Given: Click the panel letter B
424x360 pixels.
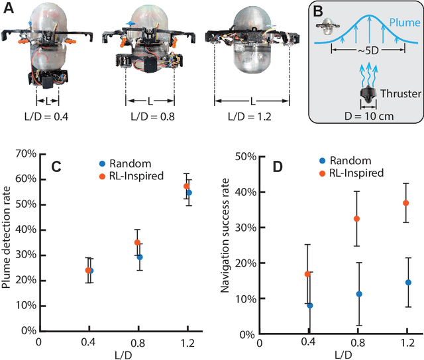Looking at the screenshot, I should coord(319,12).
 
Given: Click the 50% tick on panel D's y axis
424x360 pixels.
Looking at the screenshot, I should coord(247,157).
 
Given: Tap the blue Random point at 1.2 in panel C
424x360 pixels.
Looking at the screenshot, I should coord(189,193).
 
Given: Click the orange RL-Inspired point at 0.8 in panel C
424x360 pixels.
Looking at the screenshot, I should coord(137,242).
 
